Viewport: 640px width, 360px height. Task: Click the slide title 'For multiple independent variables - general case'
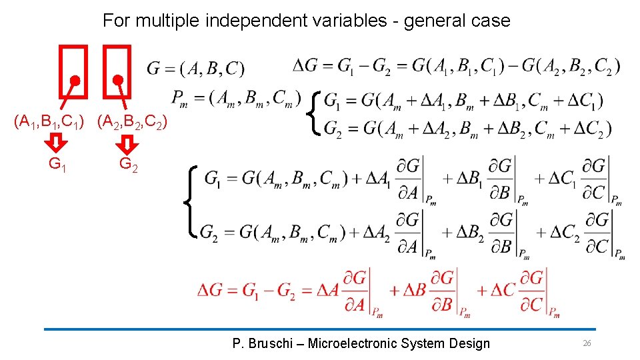pos(306,21)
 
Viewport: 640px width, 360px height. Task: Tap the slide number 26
pos(587,343)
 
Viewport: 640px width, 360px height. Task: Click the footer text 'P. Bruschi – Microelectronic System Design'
pos(361,343)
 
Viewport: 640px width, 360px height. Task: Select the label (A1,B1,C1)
pos(51,122)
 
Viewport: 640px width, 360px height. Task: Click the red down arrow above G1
pos(57,143)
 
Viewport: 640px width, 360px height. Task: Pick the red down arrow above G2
pos(127,143)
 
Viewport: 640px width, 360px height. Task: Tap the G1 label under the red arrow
pos(57,164)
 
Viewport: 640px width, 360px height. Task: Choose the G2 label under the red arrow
pos(129,164)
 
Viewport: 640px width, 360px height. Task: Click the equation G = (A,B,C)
pos(195,69)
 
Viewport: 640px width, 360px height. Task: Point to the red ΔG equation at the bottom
pos(378,292)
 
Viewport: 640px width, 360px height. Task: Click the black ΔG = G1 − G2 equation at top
pos(457,65)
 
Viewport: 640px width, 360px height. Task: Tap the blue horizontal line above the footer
pos(320,329)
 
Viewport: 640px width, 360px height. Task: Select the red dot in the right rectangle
pos(118,80)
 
